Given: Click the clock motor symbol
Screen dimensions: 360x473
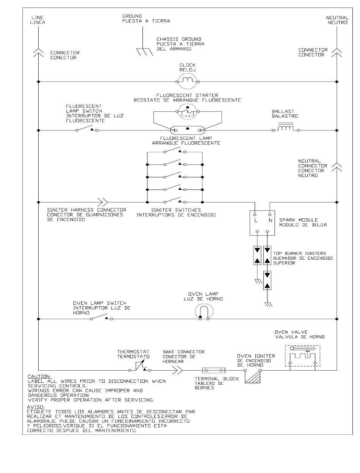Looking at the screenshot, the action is point(187,81).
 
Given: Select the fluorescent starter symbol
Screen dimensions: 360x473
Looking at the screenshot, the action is point(187,111).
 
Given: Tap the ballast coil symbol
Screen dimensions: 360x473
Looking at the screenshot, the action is point(285,128).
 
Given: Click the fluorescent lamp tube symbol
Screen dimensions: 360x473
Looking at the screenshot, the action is point(187,130).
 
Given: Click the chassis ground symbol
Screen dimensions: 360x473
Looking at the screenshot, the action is point(144,52).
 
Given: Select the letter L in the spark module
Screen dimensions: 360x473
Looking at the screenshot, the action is point(256,220).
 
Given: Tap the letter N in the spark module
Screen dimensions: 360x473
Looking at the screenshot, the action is point(270,220).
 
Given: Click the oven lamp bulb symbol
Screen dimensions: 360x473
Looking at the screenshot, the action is point(204,312).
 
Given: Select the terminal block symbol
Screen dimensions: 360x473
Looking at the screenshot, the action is point(213,370).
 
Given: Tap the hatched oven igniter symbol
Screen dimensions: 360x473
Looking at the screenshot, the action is point(252,376).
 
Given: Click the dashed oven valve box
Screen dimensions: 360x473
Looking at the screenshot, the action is point(302,356).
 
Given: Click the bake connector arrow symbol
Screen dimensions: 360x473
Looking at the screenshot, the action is point(178,370).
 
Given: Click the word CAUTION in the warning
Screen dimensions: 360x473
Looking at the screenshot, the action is point(39,376).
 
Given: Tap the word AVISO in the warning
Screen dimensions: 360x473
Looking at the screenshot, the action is point(36,407).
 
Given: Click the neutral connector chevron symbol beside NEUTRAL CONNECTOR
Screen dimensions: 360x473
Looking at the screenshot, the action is point(337,168).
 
